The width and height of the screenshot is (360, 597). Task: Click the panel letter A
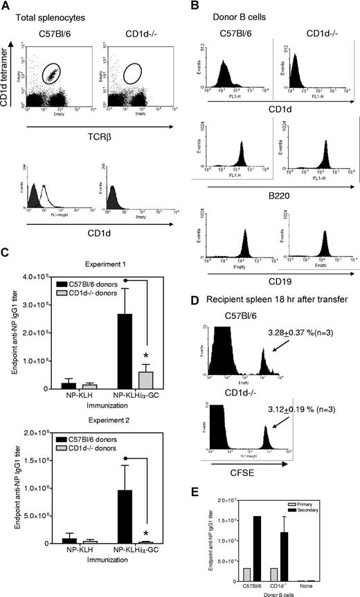coord(6,6)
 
